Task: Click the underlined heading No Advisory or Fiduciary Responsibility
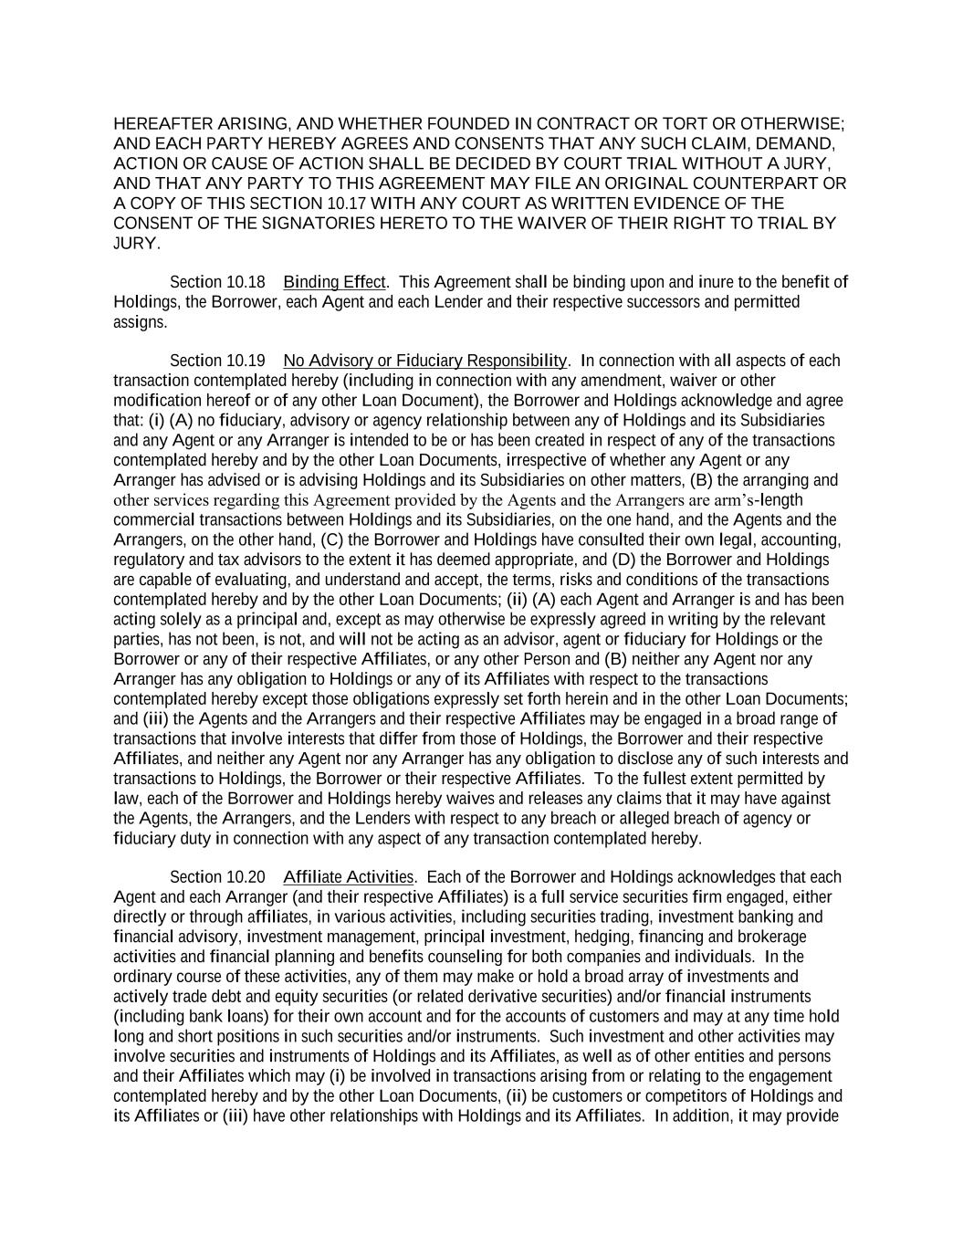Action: (425, 361)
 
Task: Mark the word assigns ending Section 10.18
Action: (140, 322)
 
